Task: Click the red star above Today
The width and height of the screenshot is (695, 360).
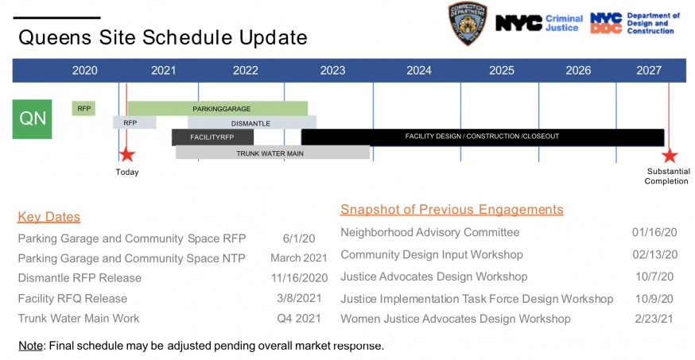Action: (x=127, y=154)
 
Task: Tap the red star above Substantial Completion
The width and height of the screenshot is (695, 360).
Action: (x=670, y=156)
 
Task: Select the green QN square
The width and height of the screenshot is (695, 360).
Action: (x=32, y=119)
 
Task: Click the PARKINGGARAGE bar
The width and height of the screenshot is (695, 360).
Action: (x=218, y=109)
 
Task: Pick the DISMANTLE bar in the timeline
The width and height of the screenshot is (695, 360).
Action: (x=252, y=122)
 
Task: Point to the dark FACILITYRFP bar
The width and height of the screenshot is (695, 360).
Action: (x=213, y=137)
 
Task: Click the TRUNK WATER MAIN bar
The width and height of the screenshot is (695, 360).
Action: (x=273, y=153)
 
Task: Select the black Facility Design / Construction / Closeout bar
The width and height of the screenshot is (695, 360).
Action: (x=483, y=137)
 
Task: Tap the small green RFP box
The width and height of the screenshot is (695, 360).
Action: (x=83, y=109)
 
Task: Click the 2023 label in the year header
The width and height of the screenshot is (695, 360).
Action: (x=333, y=71)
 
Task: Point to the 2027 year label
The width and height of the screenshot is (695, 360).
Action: (x=649, y=71)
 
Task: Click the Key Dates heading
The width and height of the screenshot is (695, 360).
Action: (x=49, y=217)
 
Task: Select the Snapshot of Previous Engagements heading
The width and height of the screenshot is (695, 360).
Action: (x=452, y=210)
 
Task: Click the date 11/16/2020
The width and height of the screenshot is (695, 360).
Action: (x=300, y=278)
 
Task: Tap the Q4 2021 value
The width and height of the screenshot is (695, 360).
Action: (x=299, y=319)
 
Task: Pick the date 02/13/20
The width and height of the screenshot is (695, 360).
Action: (x=654, y=254)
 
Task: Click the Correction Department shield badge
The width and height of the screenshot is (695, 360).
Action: (x=468, y=23)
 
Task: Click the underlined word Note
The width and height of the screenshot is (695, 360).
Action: (x=30, y=346)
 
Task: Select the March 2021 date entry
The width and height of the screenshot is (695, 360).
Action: (x=299, y=257)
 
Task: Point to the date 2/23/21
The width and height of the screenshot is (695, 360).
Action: (x=654, y=319)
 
